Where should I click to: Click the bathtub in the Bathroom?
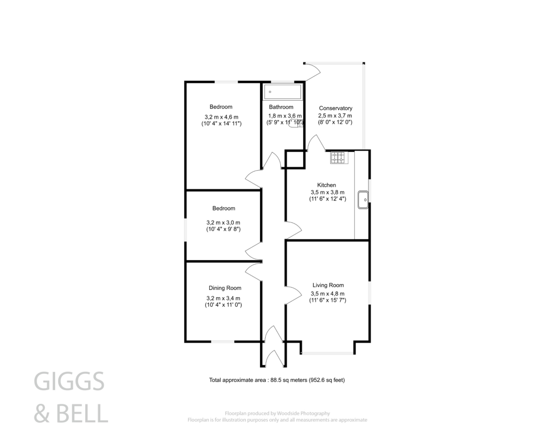[282, 92]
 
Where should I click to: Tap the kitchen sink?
[363, 200]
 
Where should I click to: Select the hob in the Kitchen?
[339, 157]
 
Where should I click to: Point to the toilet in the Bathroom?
[295, 123]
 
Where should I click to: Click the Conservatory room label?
[335, 108]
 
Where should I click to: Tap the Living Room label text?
[328, 285]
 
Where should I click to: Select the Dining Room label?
[225, 288]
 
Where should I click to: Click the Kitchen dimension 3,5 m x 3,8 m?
[327, 192]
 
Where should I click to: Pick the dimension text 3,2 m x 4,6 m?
[221, 117]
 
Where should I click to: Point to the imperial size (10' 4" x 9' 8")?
[223, 229]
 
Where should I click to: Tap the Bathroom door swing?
[272, 161]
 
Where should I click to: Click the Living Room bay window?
[328, 353]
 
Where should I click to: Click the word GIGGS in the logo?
[69, 381]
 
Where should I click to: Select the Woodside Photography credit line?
[277, 413]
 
